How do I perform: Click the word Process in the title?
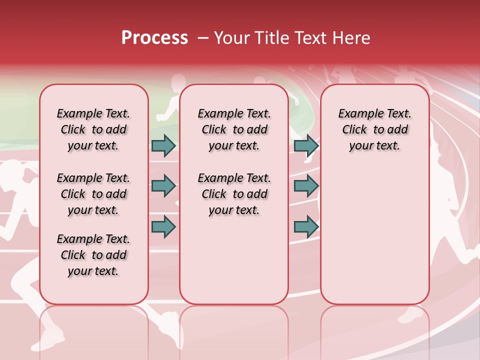click(x=154, y=37)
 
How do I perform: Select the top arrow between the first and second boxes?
click(x=163, y=145)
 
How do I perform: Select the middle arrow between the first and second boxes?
click(x=163, y=186)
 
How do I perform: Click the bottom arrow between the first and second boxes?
click(x=163, y=227)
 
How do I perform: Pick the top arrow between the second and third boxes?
click(x=306, y=145)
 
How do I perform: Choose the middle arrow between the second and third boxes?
click(x=306, y=186)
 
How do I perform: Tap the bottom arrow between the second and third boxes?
click(x=306, y=227)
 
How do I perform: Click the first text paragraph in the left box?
click(x=93, y=129)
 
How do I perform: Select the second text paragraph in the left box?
click(x=93, y=194)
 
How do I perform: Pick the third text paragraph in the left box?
click(x=93, y=255)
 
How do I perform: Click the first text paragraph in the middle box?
click(x=234, y=129)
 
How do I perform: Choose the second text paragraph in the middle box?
click(x=234, y=194)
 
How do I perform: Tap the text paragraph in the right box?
click(x=374, y=129)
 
